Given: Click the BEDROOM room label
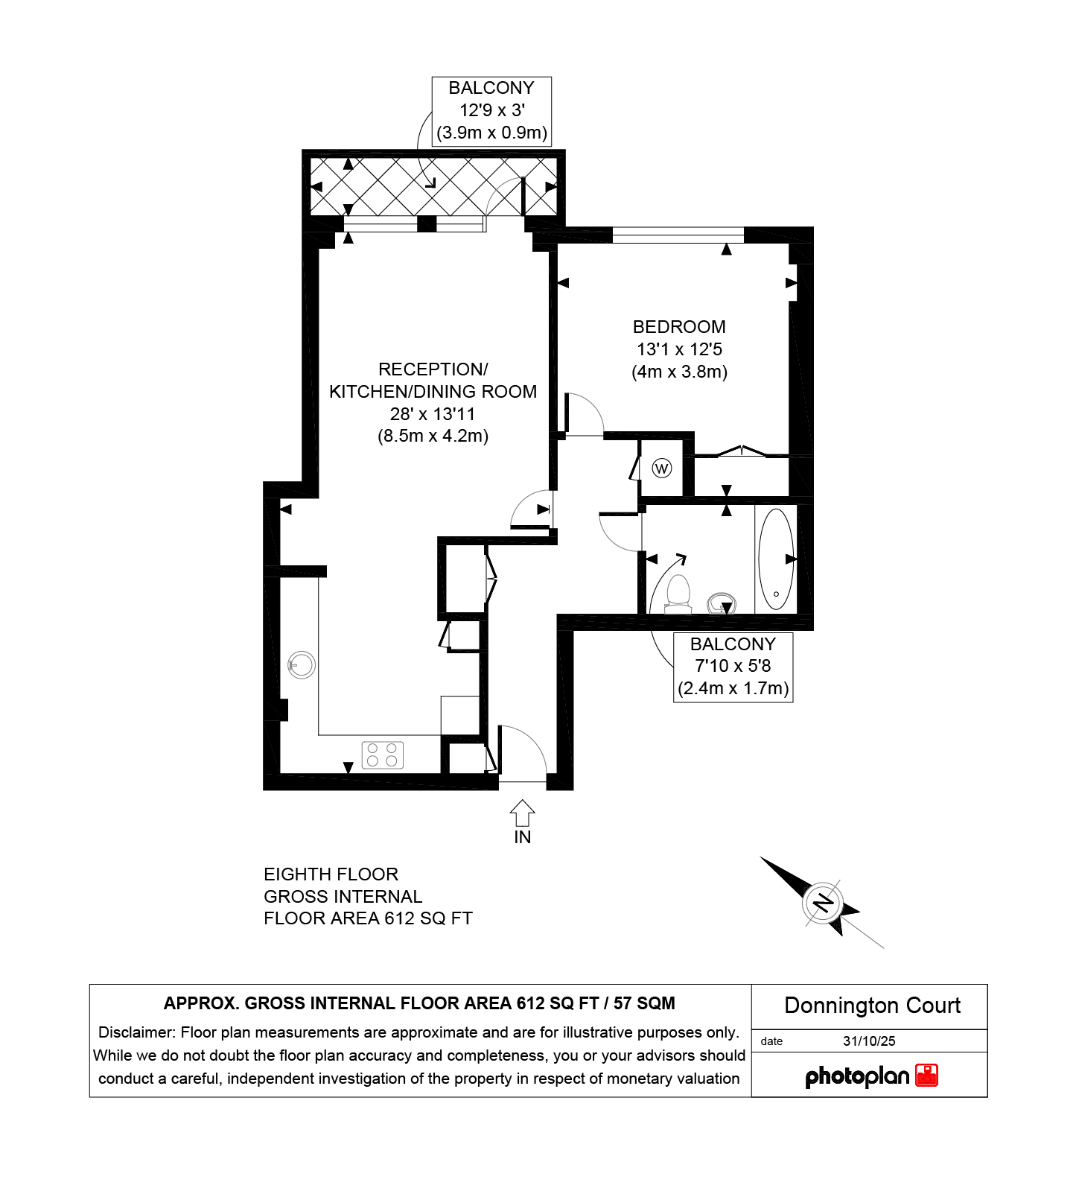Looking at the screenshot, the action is tap(679, 327).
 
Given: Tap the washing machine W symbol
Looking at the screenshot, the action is tap(661, 469).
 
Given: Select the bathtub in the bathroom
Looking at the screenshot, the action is tap(776, 559).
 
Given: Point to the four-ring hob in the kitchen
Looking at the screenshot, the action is tap(383, 755).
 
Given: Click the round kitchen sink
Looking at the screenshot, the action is tap(302, 664).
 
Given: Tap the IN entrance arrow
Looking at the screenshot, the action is tap(522, 813).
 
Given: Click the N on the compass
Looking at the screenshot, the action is tap(823, 903).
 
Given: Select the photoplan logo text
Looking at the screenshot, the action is tap(857, 1077).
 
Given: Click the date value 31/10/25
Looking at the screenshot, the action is tap(869, 1041).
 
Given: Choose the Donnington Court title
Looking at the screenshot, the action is tap(872, 1006).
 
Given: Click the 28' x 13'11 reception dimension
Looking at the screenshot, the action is tap(433, 414).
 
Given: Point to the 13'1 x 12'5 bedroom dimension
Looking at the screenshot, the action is tap(679, 349).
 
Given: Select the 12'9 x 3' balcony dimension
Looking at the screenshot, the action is tap(491, 110).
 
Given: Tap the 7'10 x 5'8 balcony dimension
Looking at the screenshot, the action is tap(733, 666).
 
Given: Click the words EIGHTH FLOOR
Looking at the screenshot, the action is tap(331, 874).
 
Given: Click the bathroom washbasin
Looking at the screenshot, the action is tap(721, 603).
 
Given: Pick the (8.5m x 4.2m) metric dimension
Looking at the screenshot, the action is tap(433, 436).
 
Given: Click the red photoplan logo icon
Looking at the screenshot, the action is tap(926, 1076).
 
